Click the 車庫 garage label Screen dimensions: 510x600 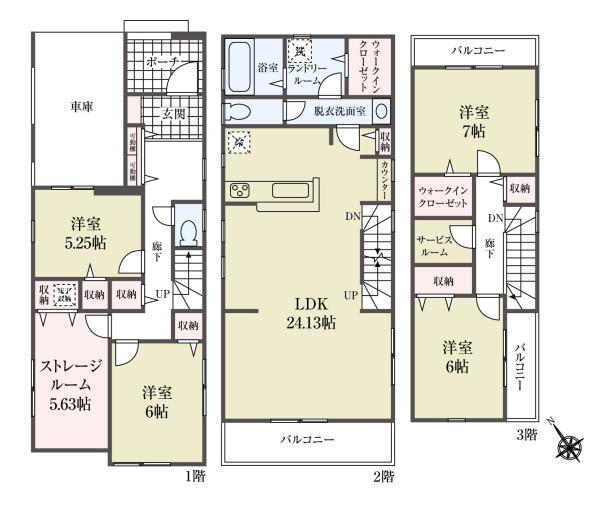81,107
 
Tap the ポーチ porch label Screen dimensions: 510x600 161,63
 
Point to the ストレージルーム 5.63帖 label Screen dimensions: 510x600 65,384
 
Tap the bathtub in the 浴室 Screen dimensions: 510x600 240,66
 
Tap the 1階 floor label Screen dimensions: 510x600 194,479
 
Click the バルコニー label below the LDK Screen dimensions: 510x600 307,439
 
